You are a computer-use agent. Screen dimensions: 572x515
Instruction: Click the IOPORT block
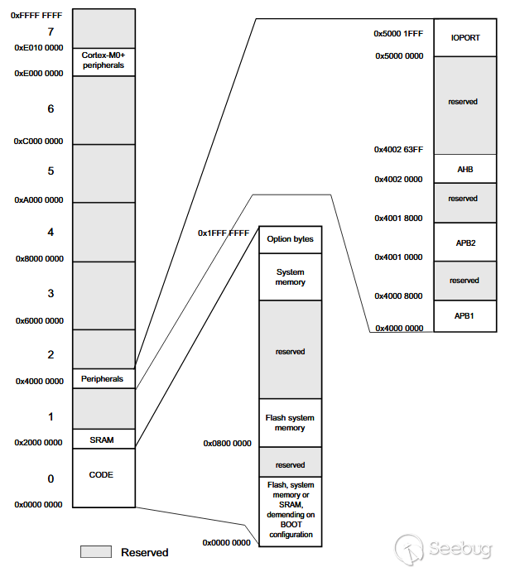pyautogui.click(x=464, y=37)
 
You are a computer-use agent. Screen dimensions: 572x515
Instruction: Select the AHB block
pyautogui.click(x=464, y=168)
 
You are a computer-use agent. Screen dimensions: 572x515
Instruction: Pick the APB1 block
pyautogui.click(x=464, y=315)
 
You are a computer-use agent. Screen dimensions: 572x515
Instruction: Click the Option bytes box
pyautogui.click(x=290, y=239)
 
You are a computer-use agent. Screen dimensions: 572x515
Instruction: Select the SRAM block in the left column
pyautogui.click(x=103, y=440)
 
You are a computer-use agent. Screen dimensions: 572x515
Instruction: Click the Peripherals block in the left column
pyautogui.click(x=103, y=378)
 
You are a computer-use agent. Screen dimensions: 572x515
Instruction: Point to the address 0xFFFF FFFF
pyautogui.click(x=38, y=15)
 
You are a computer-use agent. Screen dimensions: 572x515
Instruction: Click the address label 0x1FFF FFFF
pyautogui.click(x=223, y=233)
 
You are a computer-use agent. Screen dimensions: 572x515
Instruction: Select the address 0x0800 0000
pyautogui.click(x=227, y=444)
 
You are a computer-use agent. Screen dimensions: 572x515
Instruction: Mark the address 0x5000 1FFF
pyautogui.click(x=399, y=34)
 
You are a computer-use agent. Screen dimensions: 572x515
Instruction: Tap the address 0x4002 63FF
pyautogui.click(x=399, y=150)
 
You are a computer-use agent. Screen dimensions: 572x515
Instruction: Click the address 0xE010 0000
pyautogui.click(x=38, y=48)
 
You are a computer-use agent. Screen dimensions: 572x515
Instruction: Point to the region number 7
pyautogui.click(x=51, y=32)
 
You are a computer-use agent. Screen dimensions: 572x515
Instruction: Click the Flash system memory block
pyautogui.click(x=290, y=422)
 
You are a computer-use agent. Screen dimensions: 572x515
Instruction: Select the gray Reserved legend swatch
pyautogui.click(x=95, y=551)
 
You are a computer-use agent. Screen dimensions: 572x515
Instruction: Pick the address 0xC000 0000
pyautogui.click(x=38, y=141)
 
